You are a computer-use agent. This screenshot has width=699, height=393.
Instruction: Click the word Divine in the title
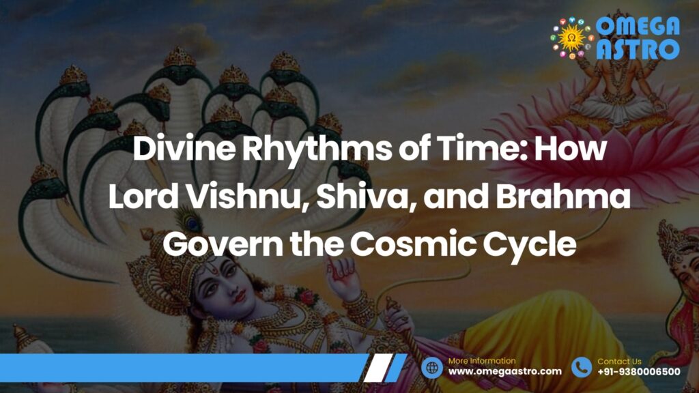184,149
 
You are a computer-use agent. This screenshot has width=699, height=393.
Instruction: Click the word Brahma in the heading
563,197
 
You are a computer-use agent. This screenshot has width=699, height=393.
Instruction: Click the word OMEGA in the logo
638,27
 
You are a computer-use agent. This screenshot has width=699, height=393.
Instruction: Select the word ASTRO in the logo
638,49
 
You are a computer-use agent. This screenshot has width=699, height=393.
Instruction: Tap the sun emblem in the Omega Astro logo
572,39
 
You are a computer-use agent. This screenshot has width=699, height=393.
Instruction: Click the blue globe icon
432,368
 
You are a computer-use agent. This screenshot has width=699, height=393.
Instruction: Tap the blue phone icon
582,368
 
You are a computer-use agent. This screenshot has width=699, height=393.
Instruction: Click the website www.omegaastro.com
504,372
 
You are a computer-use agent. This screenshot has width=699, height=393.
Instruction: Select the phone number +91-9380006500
639,372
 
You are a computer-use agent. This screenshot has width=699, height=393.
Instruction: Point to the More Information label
481,361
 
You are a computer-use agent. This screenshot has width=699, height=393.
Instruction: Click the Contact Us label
619,362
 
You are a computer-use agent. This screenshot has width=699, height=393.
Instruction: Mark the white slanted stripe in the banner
378,368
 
